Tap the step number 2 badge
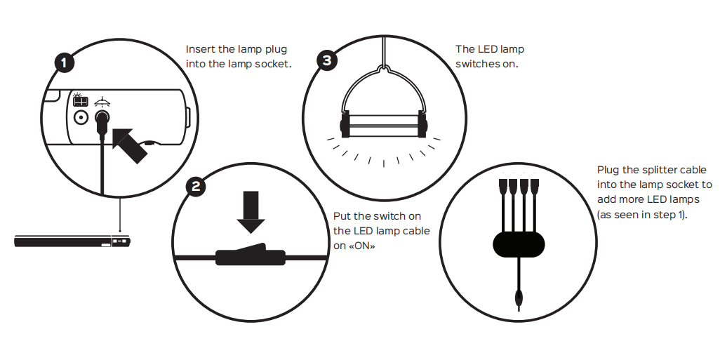click(196, 187)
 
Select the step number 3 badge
click(326, 60)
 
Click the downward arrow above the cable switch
click(251, 212)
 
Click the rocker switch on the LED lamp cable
click(251, 255)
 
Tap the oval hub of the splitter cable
click(519, 244)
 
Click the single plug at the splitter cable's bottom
click(519, 298)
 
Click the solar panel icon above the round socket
click(81, 100)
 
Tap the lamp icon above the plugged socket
click(102, 102)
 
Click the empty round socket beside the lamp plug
click(81, 118)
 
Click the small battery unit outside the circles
click(72, 241)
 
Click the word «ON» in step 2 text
click(361, 246)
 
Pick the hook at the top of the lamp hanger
click(383, 68)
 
